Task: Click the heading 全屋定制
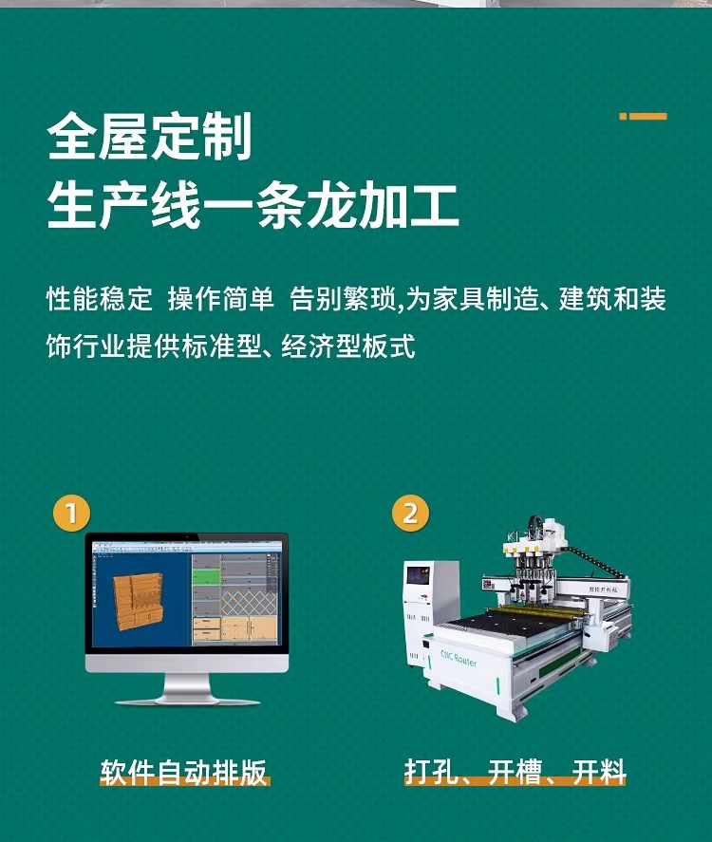150,138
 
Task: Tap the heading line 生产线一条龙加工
253,208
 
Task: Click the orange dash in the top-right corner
644,117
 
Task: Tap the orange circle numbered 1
71,514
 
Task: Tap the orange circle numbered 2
410,514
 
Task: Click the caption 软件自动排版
184,772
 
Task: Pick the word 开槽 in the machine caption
514,772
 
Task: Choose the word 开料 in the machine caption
599,772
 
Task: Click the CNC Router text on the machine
459,659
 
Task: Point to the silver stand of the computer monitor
186,688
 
